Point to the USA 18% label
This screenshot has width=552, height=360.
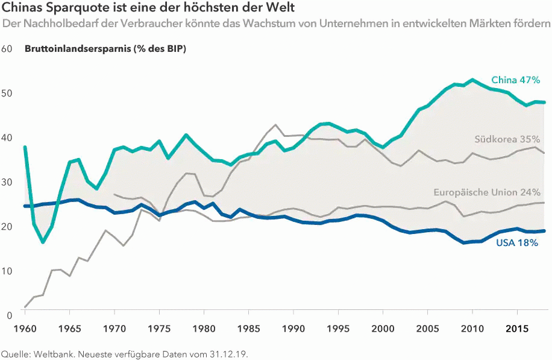[x=517, y=243]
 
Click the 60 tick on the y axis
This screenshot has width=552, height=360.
[x=7, y=49]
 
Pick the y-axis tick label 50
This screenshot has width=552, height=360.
[x=7, y=93]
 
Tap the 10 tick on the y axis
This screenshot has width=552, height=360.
[x=7, y=271]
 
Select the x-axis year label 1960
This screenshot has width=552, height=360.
[x=25, y=329]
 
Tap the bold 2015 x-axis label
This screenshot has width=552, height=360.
[x=518, y=329]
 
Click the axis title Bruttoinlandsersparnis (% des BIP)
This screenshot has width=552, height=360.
[x=105, y=49]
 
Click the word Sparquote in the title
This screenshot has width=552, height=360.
[x=69, y=9]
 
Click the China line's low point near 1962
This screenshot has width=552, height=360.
[x=43, y=242]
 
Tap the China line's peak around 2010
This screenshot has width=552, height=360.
[x=472, y=80]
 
